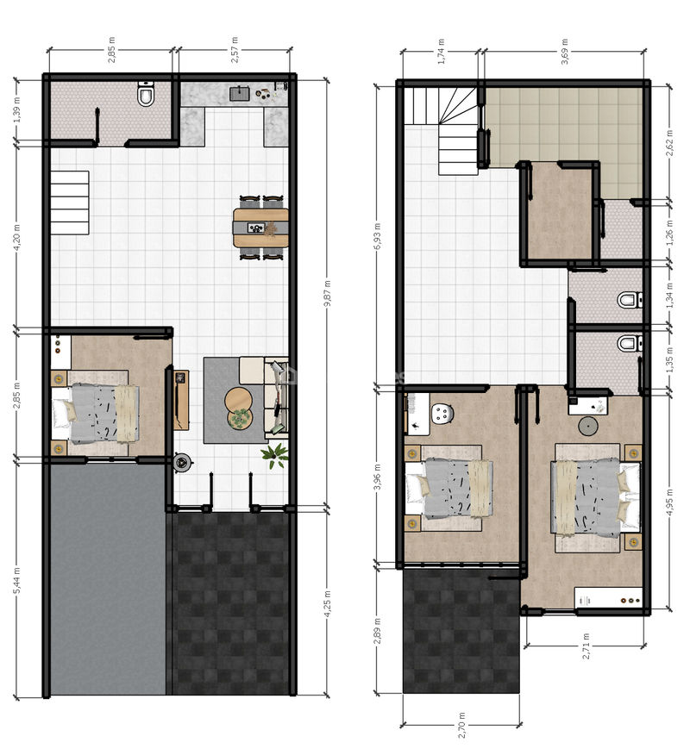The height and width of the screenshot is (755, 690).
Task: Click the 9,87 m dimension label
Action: click(327, 293)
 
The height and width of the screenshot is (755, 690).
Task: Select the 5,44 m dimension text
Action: click(17, 580)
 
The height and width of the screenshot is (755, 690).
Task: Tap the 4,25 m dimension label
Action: click(327, 603)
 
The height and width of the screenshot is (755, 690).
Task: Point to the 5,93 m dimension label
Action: click(377, 235)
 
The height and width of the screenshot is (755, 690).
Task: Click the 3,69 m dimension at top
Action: click(565, 51)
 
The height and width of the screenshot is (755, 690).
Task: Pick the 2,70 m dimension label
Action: click(461, 725)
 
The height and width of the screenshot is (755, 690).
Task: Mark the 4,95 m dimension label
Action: click(670, 502)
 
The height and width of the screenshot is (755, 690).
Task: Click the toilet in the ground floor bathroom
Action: click(146, 94)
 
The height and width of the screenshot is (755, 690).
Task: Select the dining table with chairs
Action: click(260, 228)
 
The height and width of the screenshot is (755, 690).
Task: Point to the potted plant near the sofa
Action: click(276, 455)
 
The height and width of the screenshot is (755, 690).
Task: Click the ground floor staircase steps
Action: click(70, 203)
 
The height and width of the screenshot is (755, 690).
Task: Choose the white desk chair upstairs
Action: click(443, 414)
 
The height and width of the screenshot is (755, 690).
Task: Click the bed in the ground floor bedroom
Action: click(96, 414)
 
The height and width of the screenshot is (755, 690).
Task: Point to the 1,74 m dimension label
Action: click(441, 51)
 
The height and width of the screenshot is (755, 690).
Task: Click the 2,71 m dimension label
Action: click(586, 646)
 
